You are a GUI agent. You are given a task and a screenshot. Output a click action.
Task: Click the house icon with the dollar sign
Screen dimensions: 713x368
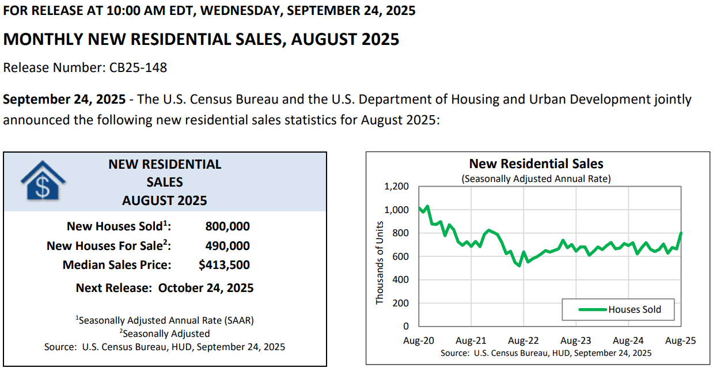click(43, 180)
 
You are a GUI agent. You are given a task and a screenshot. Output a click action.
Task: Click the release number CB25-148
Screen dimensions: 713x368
click(138, 67)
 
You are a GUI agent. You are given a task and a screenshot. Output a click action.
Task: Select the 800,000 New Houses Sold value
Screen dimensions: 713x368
click(227, 226)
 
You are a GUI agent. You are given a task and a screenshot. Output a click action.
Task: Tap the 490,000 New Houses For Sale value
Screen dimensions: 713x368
click(227, 246)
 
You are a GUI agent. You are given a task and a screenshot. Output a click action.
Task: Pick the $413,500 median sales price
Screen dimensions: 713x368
click(224, 265)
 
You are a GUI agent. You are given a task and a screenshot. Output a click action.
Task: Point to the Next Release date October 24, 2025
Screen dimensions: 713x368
click(206, 288)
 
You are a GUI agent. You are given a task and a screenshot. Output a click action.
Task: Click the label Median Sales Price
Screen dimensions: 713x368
click(116, 265)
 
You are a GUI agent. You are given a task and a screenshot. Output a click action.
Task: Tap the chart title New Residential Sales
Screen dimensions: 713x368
click(536, 164)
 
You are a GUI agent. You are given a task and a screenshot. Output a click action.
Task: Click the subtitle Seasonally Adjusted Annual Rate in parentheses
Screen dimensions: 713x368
click(536, 179)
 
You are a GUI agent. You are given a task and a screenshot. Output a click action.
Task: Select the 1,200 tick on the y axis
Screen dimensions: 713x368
click(396, 186)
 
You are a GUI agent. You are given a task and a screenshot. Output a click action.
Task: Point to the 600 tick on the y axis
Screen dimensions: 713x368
click(400, 256)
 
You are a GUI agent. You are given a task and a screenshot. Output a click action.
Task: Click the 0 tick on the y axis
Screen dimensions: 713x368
click(406, 326)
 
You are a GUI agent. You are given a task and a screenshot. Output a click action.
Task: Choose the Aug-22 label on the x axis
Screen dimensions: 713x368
click(524, 340)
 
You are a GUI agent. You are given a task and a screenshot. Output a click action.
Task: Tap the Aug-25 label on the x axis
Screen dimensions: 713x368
click(681, 340)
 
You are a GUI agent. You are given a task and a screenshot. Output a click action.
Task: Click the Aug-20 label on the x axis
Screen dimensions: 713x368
click(419, 340)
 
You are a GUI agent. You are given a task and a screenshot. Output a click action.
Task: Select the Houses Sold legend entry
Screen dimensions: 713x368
click(620, 309)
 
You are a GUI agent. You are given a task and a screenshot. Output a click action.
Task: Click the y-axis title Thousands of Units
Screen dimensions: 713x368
click(380, 263)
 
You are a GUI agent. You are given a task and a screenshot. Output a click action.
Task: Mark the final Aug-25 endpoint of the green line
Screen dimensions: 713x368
click(681, 233)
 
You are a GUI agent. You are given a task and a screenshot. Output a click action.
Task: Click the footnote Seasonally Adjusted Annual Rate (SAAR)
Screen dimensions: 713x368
click(165, 320)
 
